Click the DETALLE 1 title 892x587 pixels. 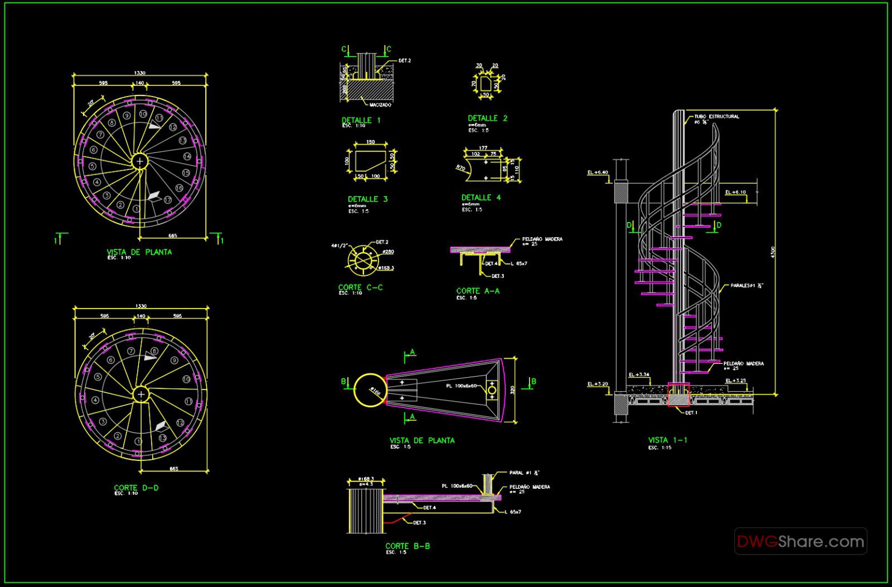click(x=361, y=120)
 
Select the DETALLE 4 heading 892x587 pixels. click(x=481, y=198)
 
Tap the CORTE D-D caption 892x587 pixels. click(x=136, y=488)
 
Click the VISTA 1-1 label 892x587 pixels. click(x=667, y=440)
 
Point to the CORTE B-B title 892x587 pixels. click(x=408, y=546)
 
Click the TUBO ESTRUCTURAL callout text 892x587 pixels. click(x=716, y=117)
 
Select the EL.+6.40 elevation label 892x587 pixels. click(x=597, y=172)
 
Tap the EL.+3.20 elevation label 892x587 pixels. click(x=597, y=384)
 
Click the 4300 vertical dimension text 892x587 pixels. click(x=773, y=252)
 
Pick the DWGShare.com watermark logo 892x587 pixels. click(x=800, y=541)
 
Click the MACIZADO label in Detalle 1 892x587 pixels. click(x=380, y=105)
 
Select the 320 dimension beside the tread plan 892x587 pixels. click(x=512, y=389)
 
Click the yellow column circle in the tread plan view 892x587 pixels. click(x=370, y=389)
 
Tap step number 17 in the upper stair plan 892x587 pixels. click(x=167, y=199)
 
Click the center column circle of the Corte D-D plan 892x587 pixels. click(x=141, y=394)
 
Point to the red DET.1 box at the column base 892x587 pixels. click(x=678, y=395)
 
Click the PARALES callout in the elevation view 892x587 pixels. click(x=746, y=285)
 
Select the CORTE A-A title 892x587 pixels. click(x=478, y=291)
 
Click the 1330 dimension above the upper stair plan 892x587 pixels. click(x=140, y=73)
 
